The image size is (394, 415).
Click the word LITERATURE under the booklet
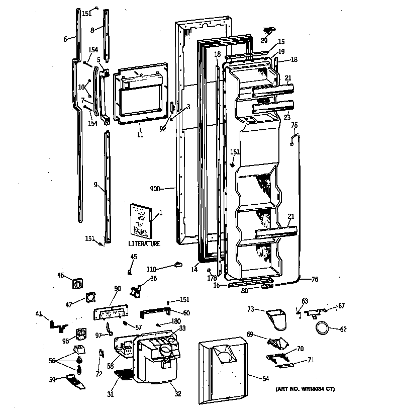(144, 243)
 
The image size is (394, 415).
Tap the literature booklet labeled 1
(140, 219)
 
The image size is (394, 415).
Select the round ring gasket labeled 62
(322, 328)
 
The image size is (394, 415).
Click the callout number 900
(156, 189)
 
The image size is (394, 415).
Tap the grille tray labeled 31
(124, 374)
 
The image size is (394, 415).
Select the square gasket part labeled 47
(91, 298)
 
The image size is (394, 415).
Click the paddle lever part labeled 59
(75, 382)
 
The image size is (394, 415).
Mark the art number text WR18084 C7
(305, 389)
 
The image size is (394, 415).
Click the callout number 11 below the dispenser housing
(140, 135)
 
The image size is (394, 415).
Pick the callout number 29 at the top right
(264, 41)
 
